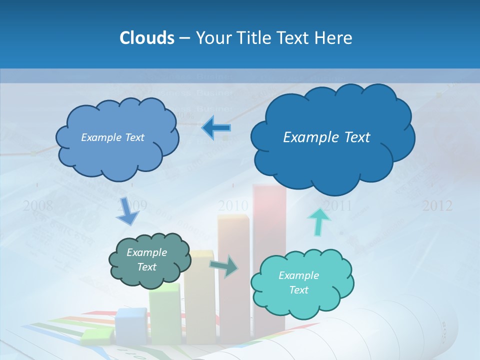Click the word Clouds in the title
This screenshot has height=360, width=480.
[147, 38]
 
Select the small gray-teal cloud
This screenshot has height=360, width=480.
[149, 260]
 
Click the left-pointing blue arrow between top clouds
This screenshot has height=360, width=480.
[216, 128]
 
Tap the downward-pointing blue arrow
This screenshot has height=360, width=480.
[127, 211]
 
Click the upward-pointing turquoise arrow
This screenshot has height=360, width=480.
[319, 221]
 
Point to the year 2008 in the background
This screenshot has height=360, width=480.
[38, 205]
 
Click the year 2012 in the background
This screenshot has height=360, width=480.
[437, 205]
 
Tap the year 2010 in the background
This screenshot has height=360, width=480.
[233, 205]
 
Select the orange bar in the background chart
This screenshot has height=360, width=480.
[233, 235]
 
